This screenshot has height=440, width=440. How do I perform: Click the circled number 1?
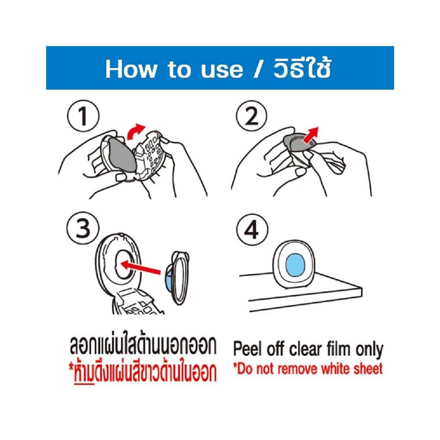(x=83, y=116)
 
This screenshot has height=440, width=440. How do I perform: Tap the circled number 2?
(x=251, y=116)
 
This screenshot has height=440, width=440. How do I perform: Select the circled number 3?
(x=83, y=228)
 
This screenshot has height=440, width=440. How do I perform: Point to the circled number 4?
(x=252, y=230)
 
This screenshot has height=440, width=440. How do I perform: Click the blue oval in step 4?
(x=295, y=265)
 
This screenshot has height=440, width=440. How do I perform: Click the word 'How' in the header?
(x=131, y=69)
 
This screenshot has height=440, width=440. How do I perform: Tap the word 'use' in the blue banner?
(x=222, y=70)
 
